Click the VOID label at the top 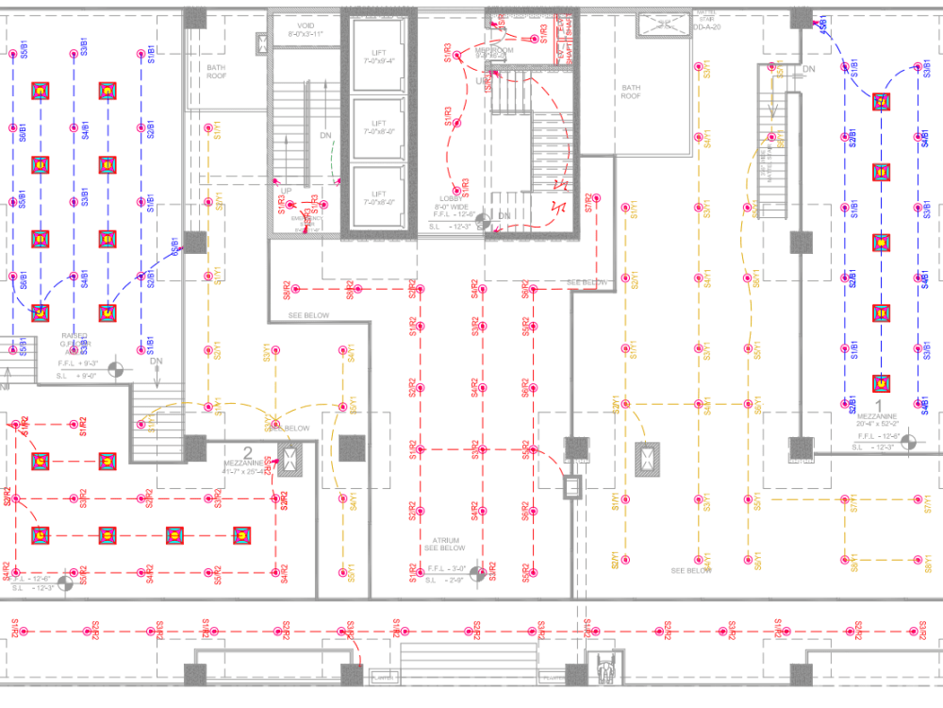306,25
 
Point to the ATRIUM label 444,540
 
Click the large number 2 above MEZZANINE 248,452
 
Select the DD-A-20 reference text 707,28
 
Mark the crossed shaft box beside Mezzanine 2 290,460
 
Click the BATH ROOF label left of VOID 218,71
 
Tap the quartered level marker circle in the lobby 483,223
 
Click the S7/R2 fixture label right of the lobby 587,203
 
